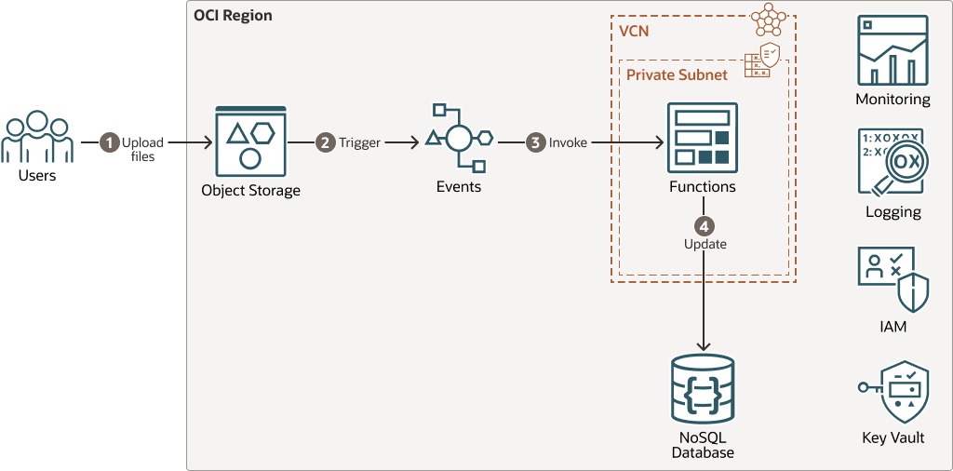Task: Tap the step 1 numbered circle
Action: pos(110,142)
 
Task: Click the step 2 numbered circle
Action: pos(325,142)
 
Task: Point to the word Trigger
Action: pos(359,143)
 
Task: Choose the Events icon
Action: pos(458,139)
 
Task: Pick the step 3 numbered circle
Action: pos(535,142)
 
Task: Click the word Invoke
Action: pos(568,143)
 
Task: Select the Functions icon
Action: pos(702,138)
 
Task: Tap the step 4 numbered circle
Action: pos(705,225)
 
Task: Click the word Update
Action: pos(705,244)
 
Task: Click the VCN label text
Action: pos(634,31)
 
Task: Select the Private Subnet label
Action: pos(677,74)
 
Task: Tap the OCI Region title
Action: pos(233,17)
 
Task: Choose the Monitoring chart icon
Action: pos(893,51)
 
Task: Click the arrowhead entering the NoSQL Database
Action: pos(703,346)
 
